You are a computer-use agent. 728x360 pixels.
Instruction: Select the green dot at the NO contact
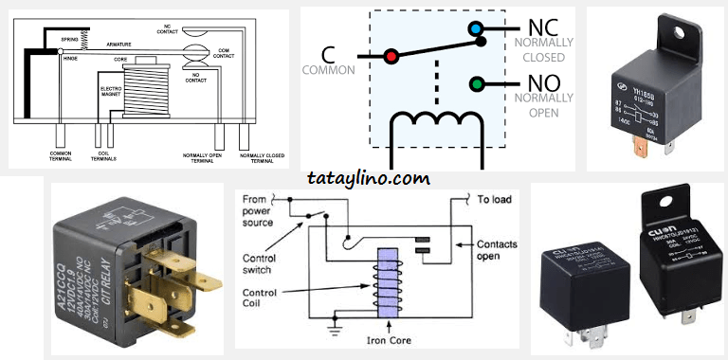coord(477,84)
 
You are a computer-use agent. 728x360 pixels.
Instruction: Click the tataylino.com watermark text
coord(369,177)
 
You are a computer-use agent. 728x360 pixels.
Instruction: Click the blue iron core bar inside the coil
coord(386,284)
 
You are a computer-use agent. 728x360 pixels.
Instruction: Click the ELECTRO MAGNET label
coord(112,94)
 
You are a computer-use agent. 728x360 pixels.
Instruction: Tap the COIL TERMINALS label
coord(106,157)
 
